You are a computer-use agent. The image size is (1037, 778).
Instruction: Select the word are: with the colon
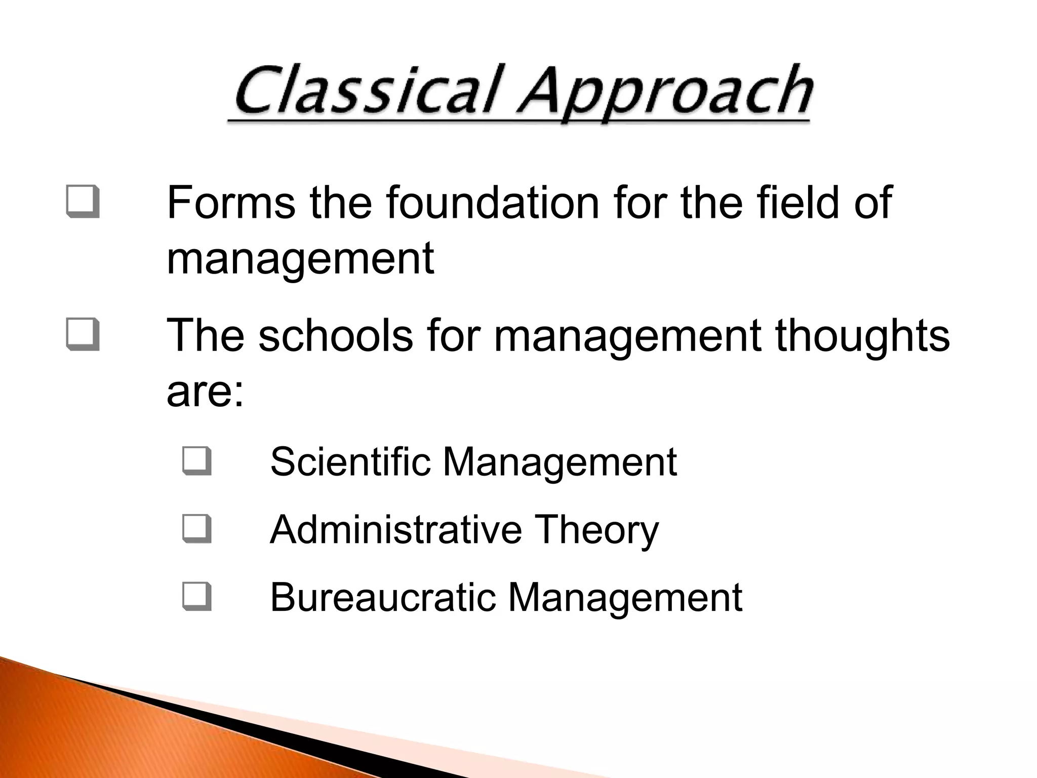pos(205,392)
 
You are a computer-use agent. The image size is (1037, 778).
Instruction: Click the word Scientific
pos(350,461)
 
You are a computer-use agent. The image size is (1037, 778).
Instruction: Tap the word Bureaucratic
pos(383,597)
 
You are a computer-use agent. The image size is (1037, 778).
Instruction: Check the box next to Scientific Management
pos(196,461)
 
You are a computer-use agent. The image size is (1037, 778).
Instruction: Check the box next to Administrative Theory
pos(196,529)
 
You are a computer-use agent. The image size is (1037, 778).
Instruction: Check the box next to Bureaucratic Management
pos(196,597)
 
